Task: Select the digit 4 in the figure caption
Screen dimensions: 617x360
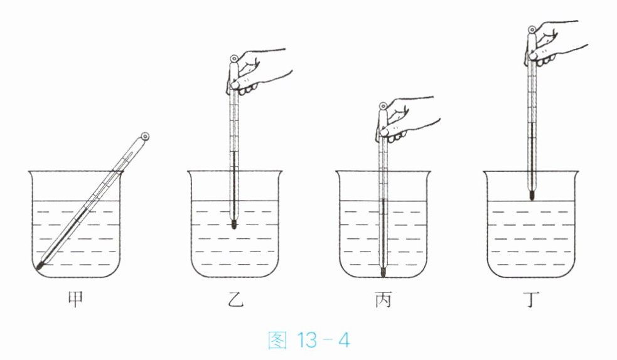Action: (344, 341)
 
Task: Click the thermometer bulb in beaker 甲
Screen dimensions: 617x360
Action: (40, 266)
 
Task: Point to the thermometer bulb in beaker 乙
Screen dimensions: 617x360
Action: (233, 225)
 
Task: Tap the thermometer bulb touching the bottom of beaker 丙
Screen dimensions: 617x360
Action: (383, 272)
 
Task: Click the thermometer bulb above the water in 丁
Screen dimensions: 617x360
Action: (532, 195)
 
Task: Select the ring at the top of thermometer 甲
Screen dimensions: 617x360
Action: (145, 137)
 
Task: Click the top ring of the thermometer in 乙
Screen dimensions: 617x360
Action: (233, 58)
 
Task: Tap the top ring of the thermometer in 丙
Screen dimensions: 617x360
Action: (383, 106)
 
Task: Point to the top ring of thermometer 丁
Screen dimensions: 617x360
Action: (532, 29)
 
